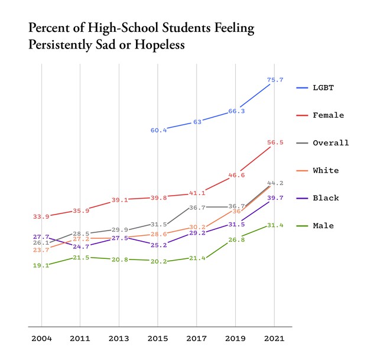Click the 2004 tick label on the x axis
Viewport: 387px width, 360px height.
(41, 339)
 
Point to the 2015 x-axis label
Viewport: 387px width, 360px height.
(158, 339)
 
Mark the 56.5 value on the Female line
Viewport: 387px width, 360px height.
(275, 142)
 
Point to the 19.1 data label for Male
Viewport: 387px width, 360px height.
(41, 265)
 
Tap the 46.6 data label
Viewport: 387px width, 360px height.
(236, 175)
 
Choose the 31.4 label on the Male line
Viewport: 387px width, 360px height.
(275, 225)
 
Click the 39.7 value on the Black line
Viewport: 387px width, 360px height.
(275, 198)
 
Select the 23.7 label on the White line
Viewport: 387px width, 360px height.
(41, 250)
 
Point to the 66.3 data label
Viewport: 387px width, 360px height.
(236, 111)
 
